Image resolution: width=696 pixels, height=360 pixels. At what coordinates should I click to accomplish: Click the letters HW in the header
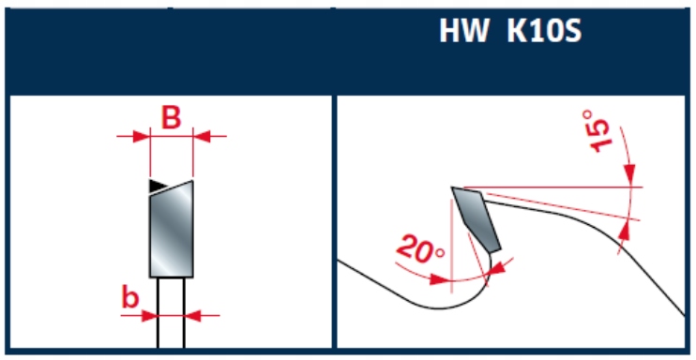tap(464, 31)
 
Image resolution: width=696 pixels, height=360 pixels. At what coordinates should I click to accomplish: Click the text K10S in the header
tap(544, 31)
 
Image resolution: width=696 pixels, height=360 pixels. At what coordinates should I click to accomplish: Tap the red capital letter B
tap(171, 117)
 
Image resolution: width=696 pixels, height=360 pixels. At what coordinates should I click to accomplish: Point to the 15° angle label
tap(596, 131)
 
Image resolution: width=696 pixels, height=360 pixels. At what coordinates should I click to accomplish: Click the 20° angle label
tap(421, 250)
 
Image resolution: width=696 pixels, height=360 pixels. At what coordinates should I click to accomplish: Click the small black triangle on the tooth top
tap(157, 186)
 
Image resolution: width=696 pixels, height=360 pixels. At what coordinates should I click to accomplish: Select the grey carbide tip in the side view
tap(477, 219)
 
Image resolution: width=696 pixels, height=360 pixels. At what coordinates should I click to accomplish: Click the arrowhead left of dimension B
tap(141, 137)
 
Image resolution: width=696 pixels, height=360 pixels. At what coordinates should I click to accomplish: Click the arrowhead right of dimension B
tap(201, 137)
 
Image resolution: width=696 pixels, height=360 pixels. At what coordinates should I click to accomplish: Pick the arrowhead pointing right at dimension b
tap(149, 316)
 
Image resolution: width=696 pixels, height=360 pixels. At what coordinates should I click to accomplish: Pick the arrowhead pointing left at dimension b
tap(192, 316)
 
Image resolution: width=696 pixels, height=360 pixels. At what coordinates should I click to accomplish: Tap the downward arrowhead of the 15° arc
tap(629, 173)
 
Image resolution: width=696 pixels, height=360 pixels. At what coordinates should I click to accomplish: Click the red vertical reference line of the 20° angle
tap(451, 246)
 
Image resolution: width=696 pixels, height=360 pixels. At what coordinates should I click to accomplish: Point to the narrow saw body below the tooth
tap(171, 312)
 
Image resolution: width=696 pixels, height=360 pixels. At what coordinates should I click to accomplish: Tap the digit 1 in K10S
tap(534, 31)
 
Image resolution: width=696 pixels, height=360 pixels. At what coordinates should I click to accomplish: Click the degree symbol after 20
tap(439, 253)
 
